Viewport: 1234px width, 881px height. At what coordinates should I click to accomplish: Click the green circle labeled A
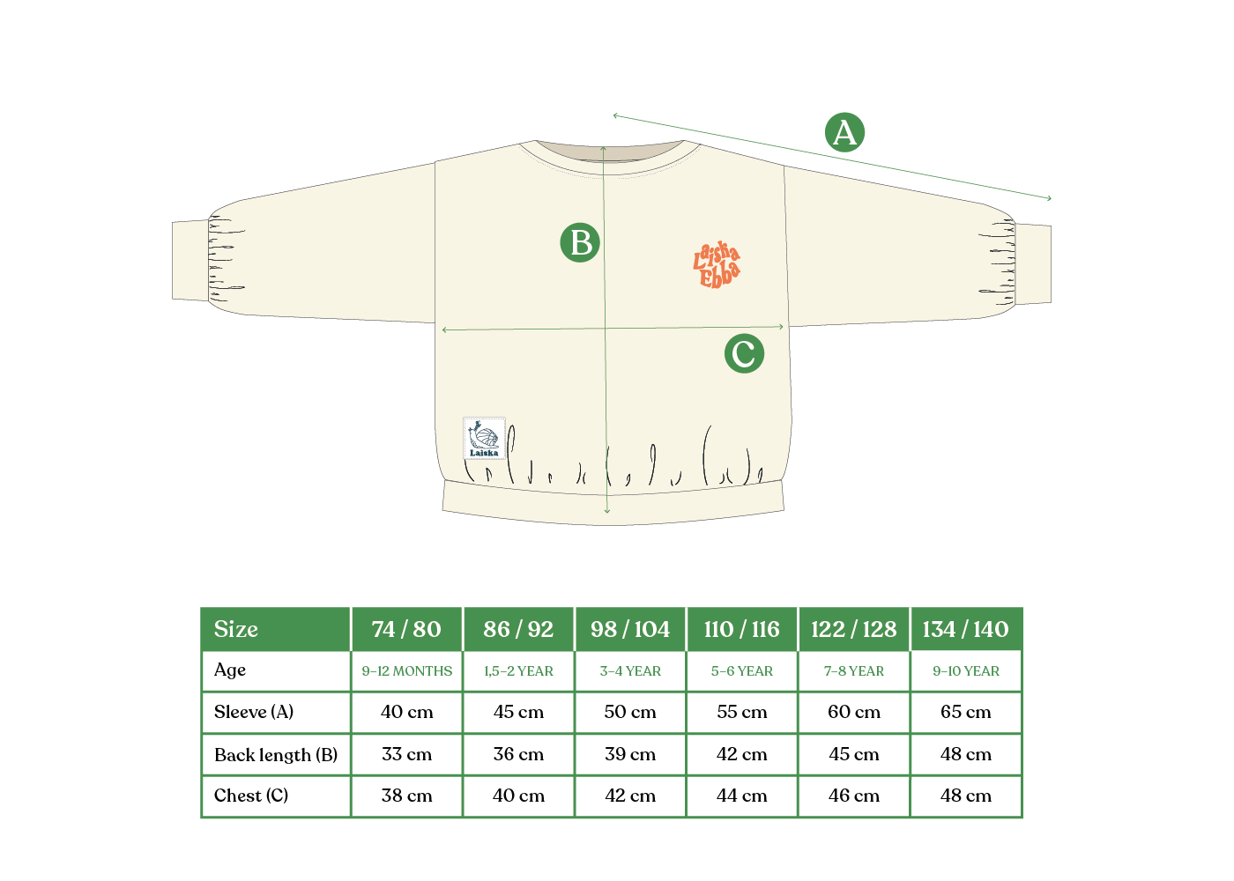(844, 132)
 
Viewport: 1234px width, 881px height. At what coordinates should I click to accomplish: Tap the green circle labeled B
(580, 242)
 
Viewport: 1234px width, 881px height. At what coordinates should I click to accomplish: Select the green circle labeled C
(744, 353)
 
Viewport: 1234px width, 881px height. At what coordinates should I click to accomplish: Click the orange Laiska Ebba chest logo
(717, 264)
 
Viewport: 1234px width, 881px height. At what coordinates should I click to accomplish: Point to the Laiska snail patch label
(484, 438)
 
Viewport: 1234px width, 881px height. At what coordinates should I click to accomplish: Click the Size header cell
(275, 629)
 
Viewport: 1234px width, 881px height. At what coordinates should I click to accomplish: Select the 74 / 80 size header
(406, 629)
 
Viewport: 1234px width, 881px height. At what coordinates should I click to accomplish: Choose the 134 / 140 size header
(965, 629)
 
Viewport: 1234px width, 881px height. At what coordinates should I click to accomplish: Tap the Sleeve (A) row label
(254, 712)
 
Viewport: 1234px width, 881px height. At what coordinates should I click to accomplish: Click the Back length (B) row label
(275, 754)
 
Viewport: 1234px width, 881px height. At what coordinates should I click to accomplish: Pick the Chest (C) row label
(251, 796)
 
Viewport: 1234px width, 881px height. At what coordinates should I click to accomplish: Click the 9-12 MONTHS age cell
(406, 670)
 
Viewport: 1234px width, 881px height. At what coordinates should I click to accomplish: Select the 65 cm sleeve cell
(965, 712)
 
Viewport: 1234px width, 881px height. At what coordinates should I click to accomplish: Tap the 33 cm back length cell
(406, 754)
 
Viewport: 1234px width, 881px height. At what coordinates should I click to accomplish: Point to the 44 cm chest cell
(741, 796)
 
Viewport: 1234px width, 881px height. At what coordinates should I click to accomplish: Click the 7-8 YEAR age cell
(853, 670)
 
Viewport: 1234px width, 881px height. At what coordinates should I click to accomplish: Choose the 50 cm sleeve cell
(630, 712)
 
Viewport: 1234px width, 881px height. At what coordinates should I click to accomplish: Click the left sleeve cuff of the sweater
(190, 261)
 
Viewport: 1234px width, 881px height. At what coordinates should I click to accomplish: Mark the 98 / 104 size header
(630, 629)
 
